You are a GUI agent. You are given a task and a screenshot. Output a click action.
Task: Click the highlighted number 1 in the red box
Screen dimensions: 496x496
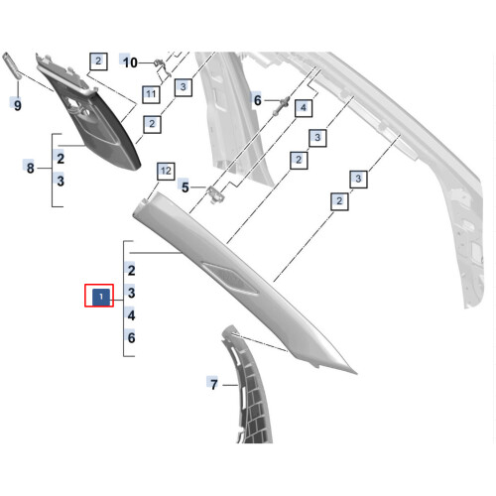101,297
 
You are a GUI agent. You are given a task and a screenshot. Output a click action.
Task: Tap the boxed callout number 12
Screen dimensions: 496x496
166,171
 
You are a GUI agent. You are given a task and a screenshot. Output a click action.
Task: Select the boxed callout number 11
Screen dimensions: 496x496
151,94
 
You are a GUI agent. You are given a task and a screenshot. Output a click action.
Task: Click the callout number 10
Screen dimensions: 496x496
130,62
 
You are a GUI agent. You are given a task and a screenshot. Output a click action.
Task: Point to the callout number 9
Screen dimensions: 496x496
18,105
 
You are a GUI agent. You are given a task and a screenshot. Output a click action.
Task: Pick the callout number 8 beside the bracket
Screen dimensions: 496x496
30,168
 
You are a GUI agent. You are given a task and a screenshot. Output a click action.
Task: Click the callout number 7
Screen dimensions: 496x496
214,385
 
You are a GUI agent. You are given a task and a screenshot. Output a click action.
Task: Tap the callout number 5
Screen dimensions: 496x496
186,187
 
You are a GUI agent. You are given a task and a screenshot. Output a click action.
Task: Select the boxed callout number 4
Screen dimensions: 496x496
304,107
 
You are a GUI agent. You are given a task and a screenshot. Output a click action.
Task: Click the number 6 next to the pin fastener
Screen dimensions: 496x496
258,100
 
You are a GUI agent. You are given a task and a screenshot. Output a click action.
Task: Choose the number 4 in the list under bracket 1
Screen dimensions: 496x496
131,315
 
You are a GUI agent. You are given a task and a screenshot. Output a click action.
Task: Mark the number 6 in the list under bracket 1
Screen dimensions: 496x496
131,337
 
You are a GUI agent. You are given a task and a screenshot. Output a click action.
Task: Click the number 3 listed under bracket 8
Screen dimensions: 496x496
61,181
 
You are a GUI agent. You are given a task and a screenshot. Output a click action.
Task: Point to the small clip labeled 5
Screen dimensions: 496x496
215,194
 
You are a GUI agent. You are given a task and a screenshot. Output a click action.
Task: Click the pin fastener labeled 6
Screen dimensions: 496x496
281,105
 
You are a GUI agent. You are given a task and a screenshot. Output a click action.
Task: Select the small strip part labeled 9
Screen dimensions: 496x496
12,66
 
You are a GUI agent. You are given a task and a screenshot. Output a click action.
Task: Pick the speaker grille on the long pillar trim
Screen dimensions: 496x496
230,278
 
